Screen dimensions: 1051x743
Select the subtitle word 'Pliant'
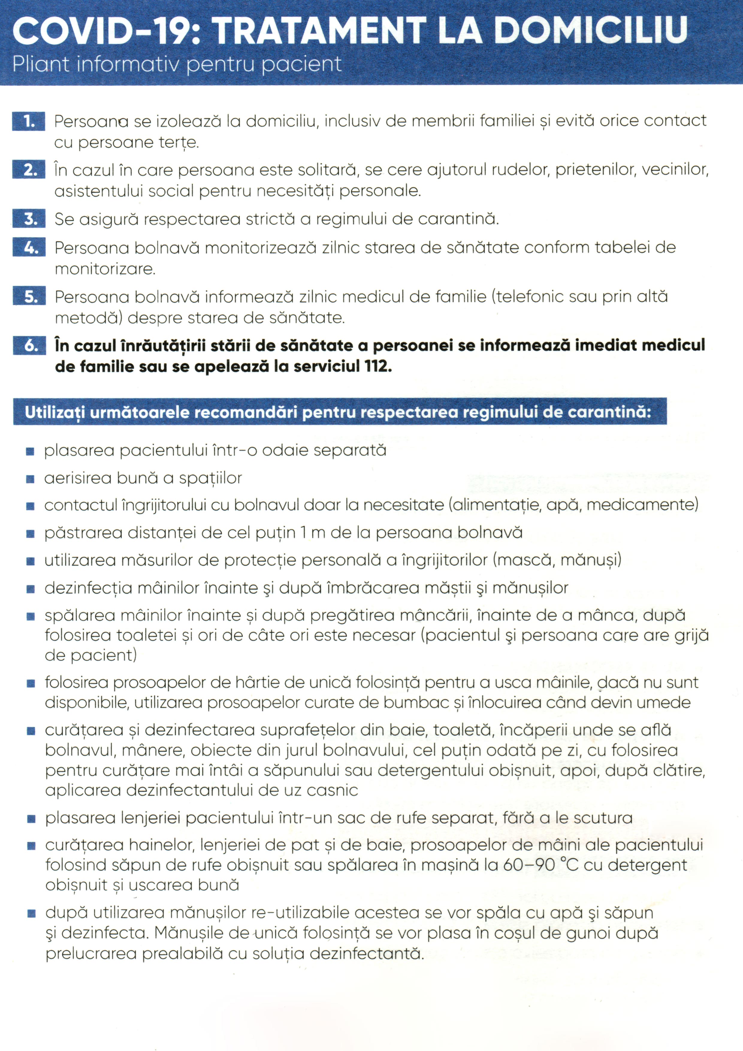40,64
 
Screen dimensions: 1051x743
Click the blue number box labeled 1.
29,121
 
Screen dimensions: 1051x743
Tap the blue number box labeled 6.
29,346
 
